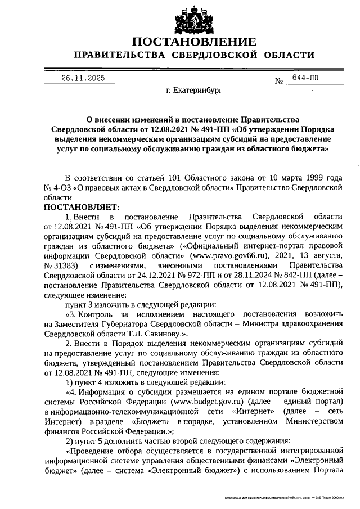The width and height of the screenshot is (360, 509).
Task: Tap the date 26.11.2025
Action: pos(83,78)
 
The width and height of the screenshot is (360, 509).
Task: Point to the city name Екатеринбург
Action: pos(194,90)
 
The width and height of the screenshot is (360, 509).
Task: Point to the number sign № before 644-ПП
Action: pos(278,82)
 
